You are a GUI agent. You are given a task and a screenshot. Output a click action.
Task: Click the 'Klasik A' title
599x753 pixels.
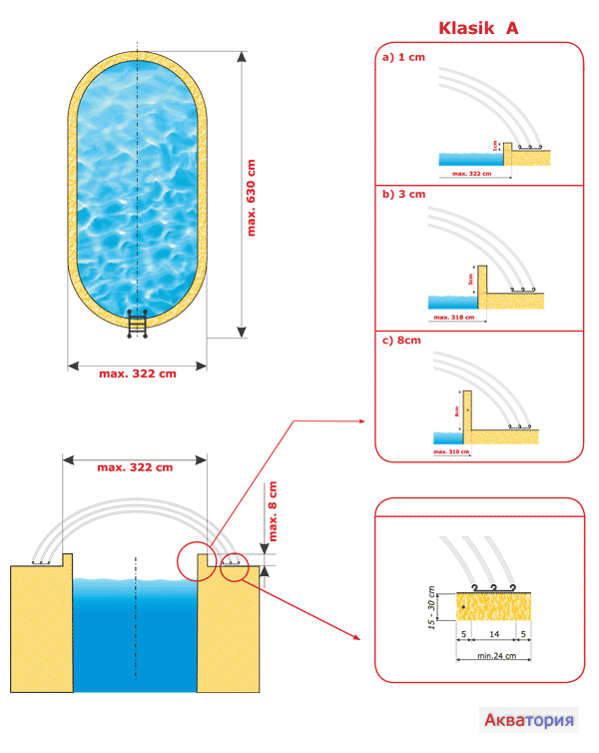(x=478, y=28)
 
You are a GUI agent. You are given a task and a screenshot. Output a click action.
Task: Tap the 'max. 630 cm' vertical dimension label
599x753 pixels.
(x=253, y=197)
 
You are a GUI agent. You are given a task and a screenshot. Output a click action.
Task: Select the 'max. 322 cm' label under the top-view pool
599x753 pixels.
(x=138, y=374)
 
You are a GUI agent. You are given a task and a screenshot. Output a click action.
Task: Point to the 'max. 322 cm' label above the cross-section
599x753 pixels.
(x=134, y=466)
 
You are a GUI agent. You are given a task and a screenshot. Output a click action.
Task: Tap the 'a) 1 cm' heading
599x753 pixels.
(x=403, y=58)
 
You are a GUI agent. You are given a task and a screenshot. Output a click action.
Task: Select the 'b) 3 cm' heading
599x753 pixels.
(x=403, y=194)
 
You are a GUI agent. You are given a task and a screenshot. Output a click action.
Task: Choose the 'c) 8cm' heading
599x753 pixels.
(x=402, y=341)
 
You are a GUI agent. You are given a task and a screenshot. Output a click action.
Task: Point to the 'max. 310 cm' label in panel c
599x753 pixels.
(x=451, y=451)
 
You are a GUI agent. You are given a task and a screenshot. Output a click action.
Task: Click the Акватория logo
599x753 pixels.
(x=529, y=719)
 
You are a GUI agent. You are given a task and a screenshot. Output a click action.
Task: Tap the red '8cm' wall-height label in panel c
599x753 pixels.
(x=453, y=409)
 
